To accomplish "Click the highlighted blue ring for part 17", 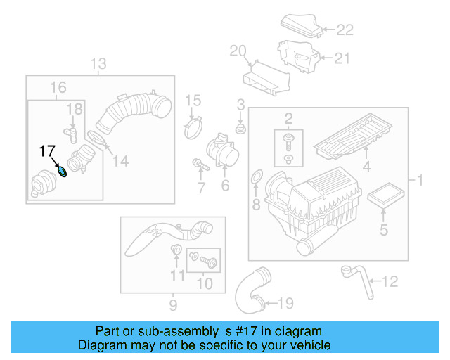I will point(63,170).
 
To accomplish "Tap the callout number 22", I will point(345,30).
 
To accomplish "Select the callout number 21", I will point(341,59).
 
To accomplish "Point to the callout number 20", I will point(238,50).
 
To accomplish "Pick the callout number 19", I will point(284,304).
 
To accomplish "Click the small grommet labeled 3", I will point(240,129).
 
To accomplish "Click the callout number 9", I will point(173,305).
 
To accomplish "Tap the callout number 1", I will point(420,181).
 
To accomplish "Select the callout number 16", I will point(58,87).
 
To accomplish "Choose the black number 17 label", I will point(48,150).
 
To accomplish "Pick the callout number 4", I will point(366,167).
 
